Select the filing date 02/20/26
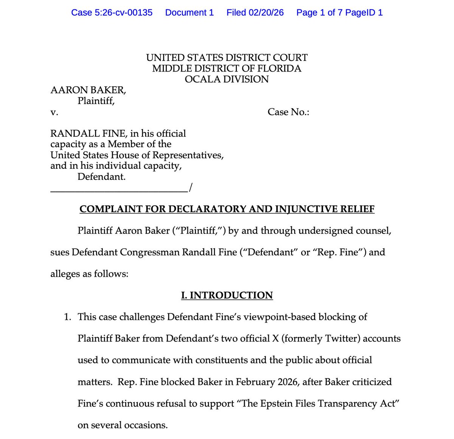[266, 12]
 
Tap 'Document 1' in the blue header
[189, 12]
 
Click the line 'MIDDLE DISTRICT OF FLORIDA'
[227, 68]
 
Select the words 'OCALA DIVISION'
[227, 79]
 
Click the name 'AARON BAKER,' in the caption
[88, 90]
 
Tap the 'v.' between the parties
[54, 112]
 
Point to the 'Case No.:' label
[288, 112]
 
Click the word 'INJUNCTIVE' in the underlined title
[306, 209]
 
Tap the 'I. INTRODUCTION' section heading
[227, 295]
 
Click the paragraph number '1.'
[67, 317]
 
